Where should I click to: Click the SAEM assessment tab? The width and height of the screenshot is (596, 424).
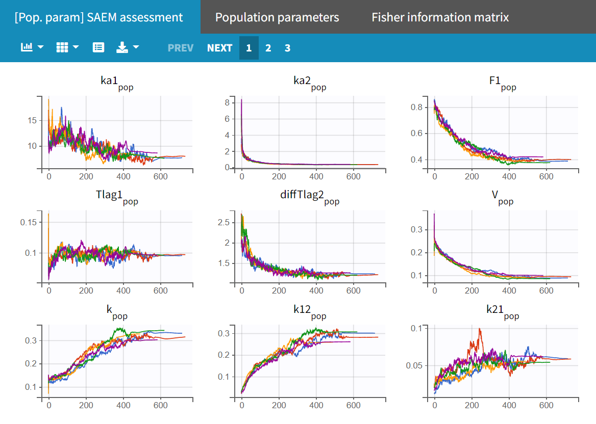pyautogui.click(x=99, y=17)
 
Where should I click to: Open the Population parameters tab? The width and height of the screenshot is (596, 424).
pyautogui.click(x=277, y=17)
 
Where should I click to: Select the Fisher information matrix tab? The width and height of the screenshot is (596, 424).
pyautogui.click(x=440, y=17)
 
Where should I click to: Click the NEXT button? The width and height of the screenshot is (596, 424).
pyautogui.click(x=220, y=48)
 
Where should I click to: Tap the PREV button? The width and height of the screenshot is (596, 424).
pyautogui.click(x=181, y=48)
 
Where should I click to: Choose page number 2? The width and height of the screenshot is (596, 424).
pyautogui.click(x=268, y=48)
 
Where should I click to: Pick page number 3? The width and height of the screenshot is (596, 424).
pyautogui.click(x=288, y=48)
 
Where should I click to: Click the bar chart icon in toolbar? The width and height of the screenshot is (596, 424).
pyautogui.click(x=27, y=47)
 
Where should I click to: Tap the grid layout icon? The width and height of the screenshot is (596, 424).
pyautogui.click(x=62, y=47)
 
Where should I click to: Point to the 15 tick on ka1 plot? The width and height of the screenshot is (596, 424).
pyautogui.click(x=32, y=120)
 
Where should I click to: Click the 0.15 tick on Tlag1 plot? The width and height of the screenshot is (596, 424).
pyautogui.click(x=29, y=222)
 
